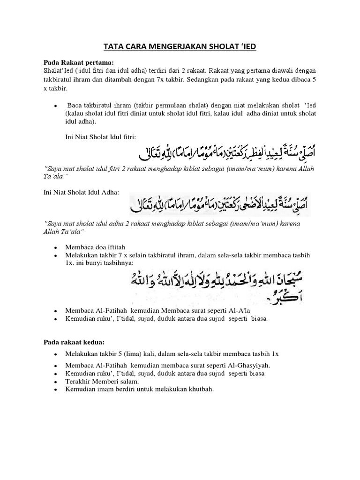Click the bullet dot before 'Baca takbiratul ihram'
(x=56, y=105)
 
